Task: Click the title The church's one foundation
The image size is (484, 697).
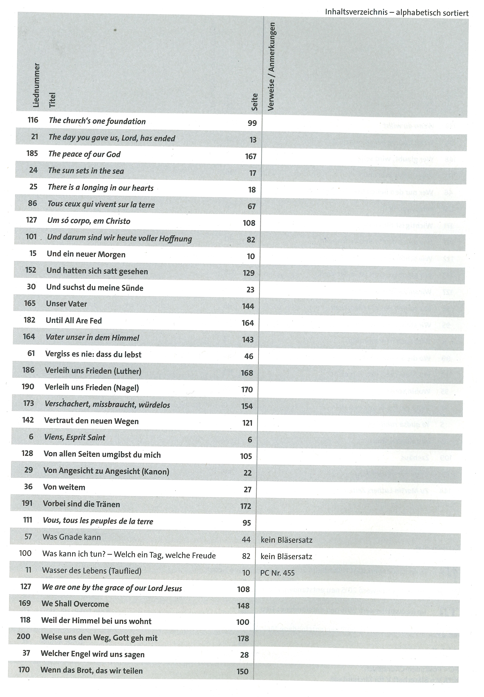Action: [x=97, y=121]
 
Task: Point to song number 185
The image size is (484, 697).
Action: [x=32, y=153]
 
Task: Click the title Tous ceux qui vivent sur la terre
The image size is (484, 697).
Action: [x=101, y=205]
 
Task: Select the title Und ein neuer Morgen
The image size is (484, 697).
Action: [x=86, y=254]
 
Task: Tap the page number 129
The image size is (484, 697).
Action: [x=249, y=273]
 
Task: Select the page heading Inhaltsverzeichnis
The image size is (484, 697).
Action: [x=356, y=12]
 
